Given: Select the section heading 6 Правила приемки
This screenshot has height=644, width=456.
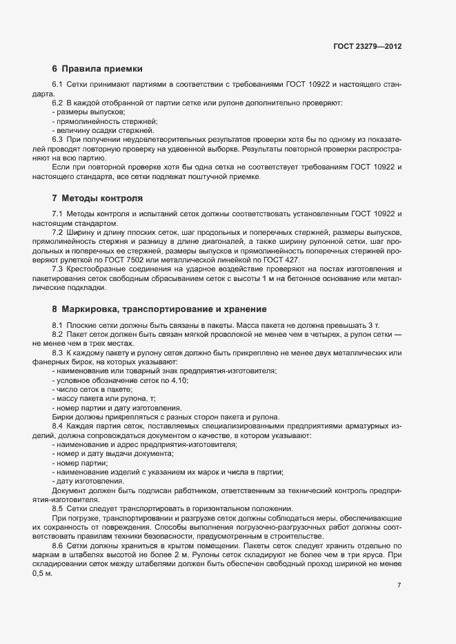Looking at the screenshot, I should click(97, 69).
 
